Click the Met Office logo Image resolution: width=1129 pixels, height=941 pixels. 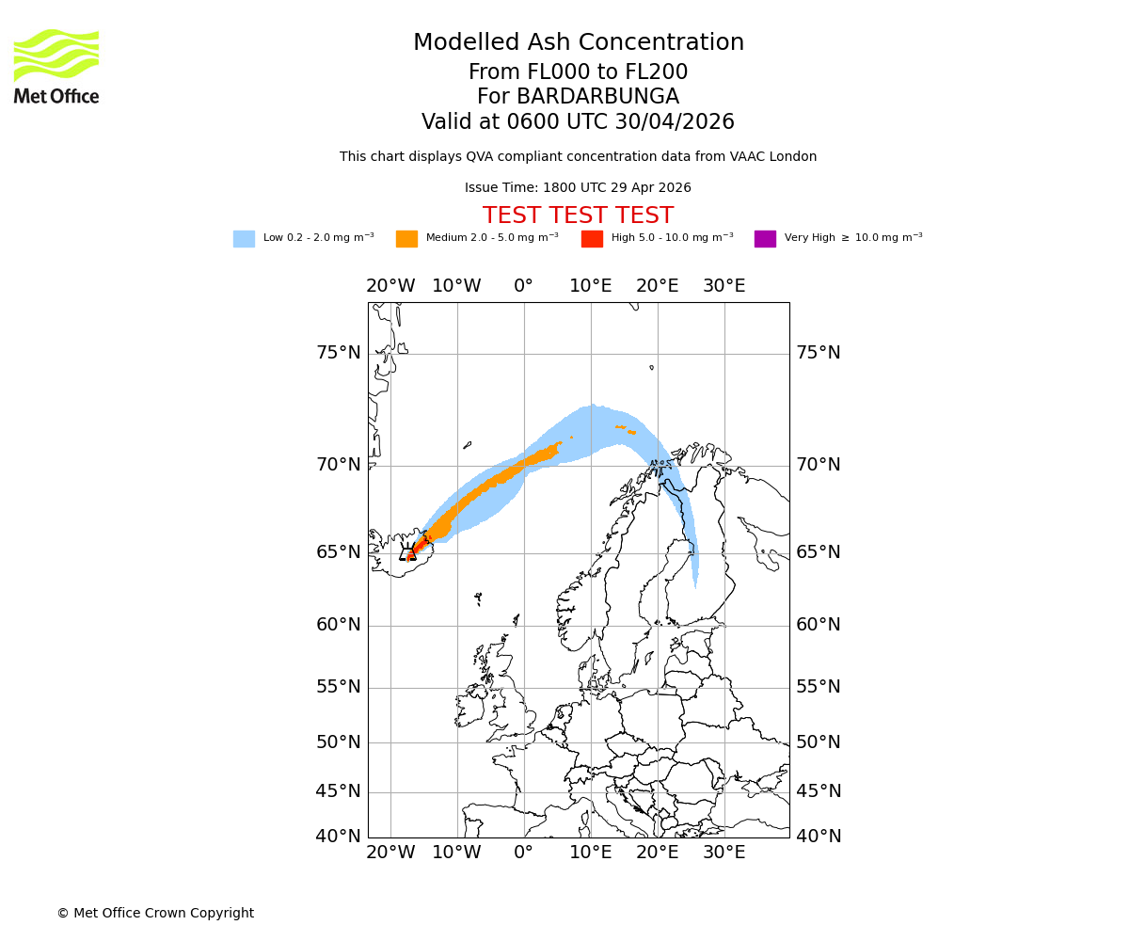pos(56,66)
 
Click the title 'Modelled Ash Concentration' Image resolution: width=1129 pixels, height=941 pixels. pos(578,43)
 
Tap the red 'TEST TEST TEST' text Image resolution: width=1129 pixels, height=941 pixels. pos(578,215)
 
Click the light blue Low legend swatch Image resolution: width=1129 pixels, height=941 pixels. pos(244,239)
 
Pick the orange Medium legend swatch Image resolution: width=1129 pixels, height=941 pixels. pos(406,239)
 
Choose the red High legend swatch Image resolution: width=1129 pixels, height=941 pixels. pos(592,239)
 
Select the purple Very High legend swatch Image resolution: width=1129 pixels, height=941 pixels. pos(765,239)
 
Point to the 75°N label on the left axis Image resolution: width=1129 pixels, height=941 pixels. pos(338,353)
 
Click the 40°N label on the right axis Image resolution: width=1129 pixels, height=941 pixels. pos(819,836)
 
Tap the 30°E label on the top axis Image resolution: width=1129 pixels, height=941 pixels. pos(724,286)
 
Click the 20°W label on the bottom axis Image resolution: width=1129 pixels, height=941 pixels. pos(390,853)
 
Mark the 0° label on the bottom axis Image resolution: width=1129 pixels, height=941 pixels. pos(524,853)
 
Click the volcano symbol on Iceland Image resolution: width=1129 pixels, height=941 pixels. pos(407,554)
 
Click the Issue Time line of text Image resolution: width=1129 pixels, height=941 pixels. pos(578,188)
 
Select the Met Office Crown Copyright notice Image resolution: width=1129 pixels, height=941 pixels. pos(155,913)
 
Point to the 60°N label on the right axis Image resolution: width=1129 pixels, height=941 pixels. pos(819,625)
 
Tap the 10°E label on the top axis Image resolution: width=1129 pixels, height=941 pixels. pos(590,286)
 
